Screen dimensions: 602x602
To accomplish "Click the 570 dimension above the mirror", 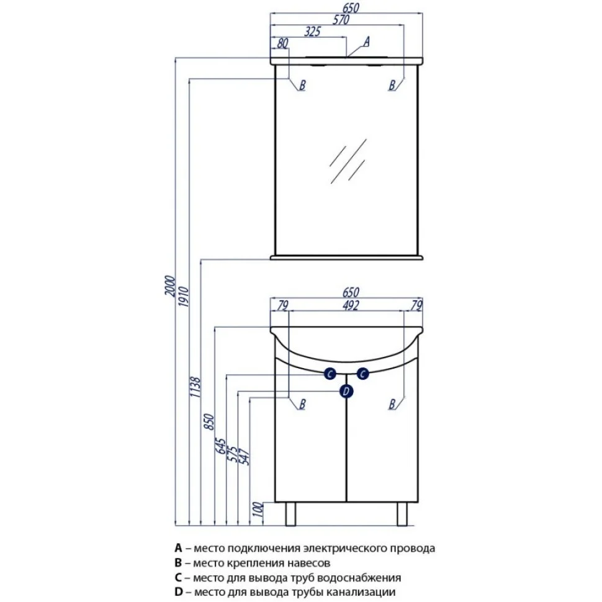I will pyautogui.click(x=341, y=20).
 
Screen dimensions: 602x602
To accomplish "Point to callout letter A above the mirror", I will pyautogui.click(x=366, y=42).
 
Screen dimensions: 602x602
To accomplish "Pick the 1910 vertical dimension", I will pyautogui.click(x=183, y=297).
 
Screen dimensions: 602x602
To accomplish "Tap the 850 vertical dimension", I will pyautogui.click(x=209, y=422).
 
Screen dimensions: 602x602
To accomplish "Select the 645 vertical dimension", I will pyautogui.click(x=222, y=444).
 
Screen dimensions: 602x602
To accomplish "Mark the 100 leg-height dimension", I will pyautogui.click(x=258, y=511).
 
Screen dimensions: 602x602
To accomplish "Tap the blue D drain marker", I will pyautogui.click(x=346, y=391).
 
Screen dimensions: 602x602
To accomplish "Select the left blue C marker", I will pyautogui.click(x=330, y=373).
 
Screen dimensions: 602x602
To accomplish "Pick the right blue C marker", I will pyautogui.click(x=363, y=373).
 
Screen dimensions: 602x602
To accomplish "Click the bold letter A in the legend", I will pyautogui.click(x=179, y=549).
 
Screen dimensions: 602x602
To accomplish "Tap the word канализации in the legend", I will pyautogui.click(x=367, y=593).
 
